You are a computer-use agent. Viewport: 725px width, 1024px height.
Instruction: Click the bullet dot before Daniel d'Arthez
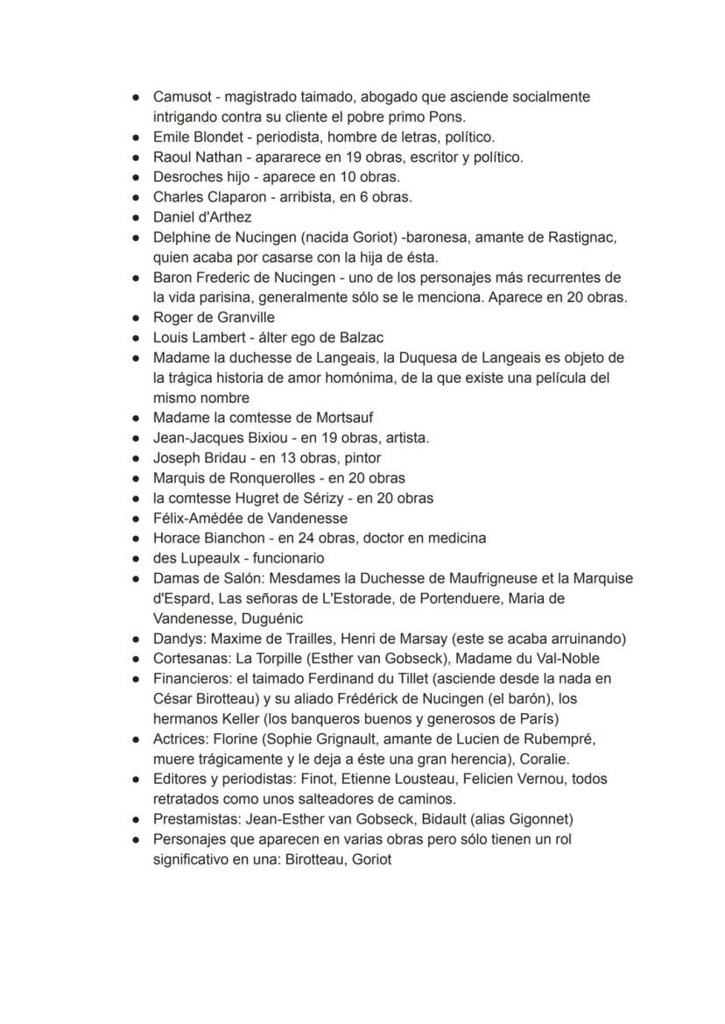135,218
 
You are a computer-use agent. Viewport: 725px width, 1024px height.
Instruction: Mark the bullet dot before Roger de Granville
135,318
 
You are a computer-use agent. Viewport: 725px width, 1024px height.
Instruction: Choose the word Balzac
361,338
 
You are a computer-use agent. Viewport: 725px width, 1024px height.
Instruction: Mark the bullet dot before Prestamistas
135,820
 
